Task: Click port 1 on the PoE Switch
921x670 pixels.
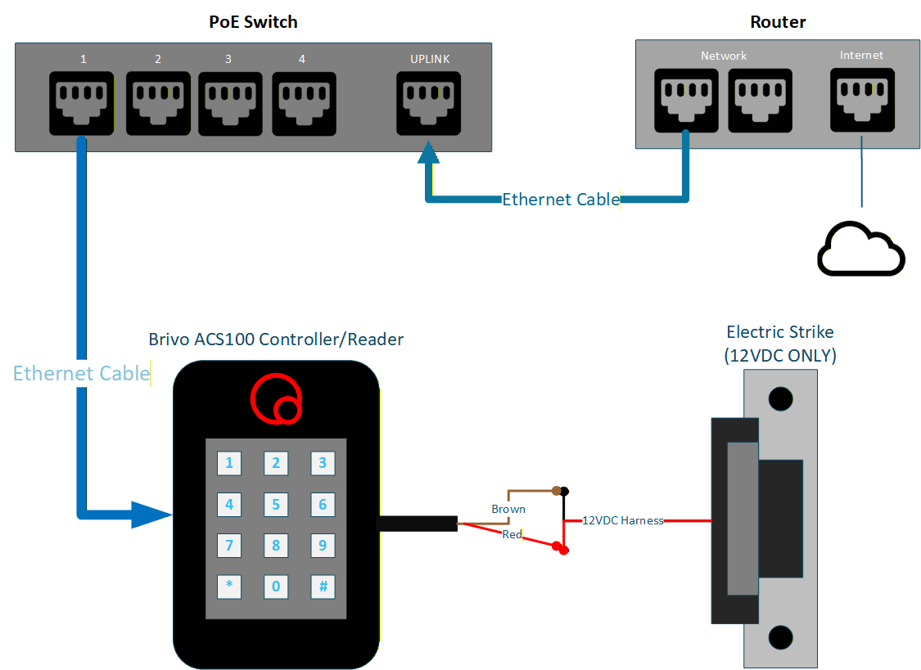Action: point(81,102)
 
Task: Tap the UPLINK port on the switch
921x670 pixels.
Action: point(428,102)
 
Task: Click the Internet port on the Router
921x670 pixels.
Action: point(862,99)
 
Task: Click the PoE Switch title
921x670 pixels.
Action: point(253,22)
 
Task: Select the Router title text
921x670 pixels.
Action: point(778,22)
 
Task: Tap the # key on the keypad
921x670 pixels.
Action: point(323,587)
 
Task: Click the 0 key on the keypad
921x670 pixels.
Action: point(276,587)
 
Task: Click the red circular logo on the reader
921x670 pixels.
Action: point(276,399)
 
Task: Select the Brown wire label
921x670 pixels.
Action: point(508,509)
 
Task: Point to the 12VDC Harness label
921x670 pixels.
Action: point(622,520)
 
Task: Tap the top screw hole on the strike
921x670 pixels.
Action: point(781,398)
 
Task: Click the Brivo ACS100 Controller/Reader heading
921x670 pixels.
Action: point(276,339)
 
